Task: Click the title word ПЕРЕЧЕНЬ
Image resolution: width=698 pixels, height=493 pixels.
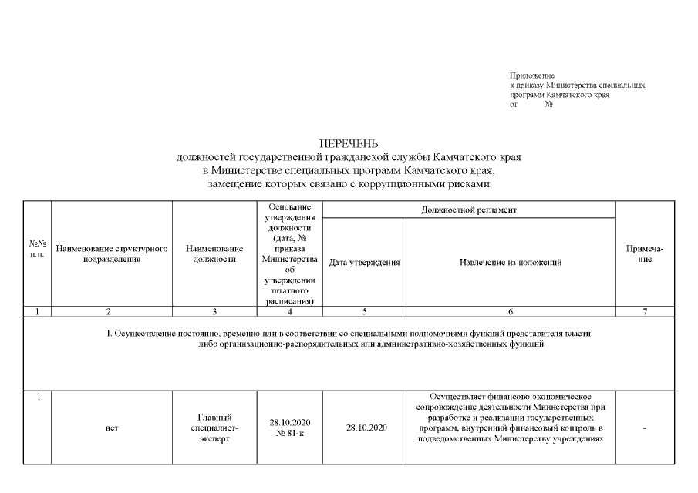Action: pyautogui.click(x=349, y=144)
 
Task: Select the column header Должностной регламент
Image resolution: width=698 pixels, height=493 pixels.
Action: pyautogui.click(x=469, y=210)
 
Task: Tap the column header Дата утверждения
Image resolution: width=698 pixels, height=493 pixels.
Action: pyautogui.click(x=364, y=263)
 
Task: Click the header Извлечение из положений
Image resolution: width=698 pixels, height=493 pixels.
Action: pyautogui.click(x=510, y=263)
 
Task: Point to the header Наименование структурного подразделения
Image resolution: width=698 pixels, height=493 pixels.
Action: pyautogui.click(x=112, y=254)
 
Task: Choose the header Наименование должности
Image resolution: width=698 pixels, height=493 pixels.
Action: pyautogui.click(x=214, y=254)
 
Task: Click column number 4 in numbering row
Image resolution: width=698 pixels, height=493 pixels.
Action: pyautogui.click(x=289, y=311)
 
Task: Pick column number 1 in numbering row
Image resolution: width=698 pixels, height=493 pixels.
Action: pyautogui.click(x=37, y=311)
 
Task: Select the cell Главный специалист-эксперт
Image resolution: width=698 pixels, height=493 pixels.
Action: pyautogui.click(x=214, y=428)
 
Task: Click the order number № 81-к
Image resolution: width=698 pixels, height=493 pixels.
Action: pyautogui.click(x=289, y=434)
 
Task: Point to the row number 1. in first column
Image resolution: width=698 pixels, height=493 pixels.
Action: pyautogui.click(x=38, y=397)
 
